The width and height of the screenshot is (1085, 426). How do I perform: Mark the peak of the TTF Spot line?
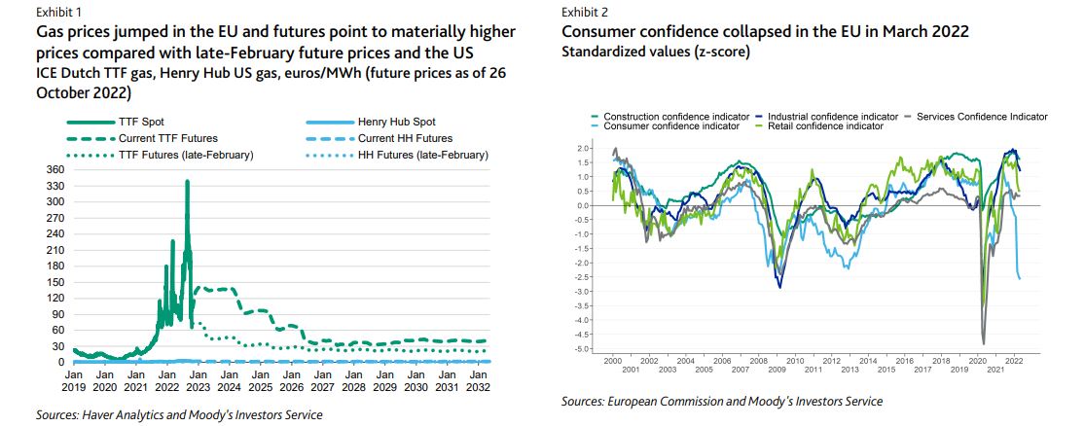coord(187,181)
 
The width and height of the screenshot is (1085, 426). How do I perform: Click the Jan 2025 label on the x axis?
coord(260,380)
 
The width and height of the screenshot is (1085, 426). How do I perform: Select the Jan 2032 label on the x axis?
coord(479,380)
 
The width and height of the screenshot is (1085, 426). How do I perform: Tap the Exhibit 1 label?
coord(60,13)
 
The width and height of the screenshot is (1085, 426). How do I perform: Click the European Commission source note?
coord(721,401)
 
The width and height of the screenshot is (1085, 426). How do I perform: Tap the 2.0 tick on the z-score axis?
coord(583,148)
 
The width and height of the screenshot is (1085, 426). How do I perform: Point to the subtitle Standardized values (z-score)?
coord(656,51)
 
